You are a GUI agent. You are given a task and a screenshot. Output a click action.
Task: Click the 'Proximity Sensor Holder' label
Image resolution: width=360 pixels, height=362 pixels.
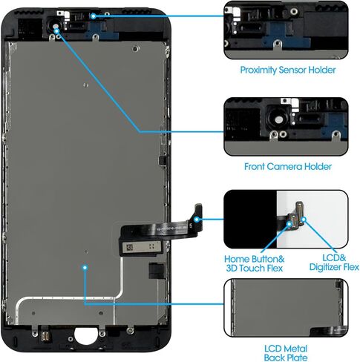point(288,70)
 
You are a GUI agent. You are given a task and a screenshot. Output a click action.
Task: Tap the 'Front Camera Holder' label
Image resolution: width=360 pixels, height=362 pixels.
point(288,166)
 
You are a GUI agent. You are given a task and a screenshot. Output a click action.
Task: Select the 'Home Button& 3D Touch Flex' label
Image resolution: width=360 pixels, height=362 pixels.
point(255,263)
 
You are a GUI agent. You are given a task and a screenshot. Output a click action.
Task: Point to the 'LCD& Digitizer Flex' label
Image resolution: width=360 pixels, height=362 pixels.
point(334,263)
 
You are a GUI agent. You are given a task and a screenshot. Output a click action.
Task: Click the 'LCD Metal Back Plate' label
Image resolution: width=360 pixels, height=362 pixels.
point(286,353)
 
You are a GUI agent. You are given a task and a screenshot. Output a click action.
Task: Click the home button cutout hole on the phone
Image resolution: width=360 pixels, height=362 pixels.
point(86,336)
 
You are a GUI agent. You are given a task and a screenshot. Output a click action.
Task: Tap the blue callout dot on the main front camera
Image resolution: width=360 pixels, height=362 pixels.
point(56,31)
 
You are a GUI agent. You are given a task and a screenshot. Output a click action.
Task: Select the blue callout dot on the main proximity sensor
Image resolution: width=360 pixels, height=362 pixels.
point(93,16)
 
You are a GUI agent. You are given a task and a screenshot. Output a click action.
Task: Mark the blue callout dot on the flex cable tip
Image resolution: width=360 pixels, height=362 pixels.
point(197,219)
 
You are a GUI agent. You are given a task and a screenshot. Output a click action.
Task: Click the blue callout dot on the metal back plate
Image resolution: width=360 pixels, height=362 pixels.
point(85,268)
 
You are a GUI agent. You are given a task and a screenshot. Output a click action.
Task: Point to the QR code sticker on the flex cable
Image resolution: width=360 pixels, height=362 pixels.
point(130,247)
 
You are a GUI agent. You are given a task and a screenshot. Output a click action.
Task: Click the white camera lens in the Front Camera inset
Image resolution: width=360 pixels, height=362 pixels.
point(279,120)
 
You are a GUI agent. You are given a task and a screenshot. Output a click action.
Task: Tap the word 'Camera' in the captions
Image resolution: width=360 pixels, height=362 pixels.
point(285,166)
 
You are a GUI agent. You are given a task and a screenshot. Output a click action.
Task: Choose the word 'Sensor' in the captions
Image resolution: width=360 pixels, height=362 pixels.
point(292,70)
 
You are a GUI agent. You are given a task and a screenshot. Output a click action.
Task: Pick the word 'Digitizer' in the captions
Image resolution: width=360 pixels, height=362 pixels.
point(326,267)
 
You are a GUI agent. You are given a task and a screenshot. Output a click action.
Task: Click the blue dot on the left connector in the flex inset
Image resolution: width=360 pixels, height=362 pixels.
point(289,223)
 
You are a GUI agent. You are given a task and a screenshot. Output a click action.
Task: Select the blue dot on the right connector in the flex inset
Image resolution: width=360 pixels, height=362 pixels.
point(304,220)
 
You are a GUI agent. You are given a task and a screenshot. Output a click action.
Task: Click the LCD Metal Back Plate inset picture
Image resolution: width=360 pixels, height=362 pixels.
point(286,308)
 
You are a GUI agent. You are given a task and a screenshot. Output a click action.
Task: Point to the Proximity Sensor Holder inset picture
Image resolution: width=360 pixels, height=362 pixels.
point(286,30)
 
